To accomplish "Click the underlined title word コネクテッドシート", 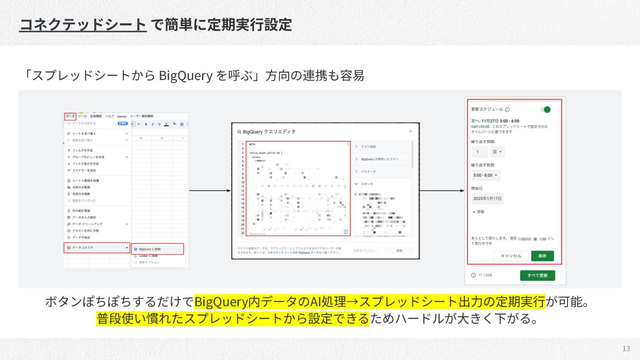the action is pyautogui.click(x=83, y=24).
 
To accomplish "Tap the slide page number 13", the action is pyautogui.click(x=626, y=348).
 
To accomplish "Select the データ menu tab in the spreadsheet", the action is pyautogui.click(x=70, y=116).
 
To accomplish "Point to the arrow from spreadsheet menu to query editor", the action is pyautogui.click(x=210, y=191).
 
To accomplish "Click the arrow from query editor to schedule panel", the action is pyautogui.click(x=442, y=191).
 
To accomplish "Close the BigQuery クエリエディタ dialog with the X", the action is pyautogui.click(x=410, y=131).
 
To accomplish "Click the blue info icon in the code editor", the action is pyautogui.click(x=346, y=232).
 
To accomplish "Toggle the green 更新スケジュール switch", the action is pyautogui.click(x=545, y=109).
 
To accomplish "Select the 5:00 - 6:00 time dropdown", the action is pyautogui.click(x=486, y=175).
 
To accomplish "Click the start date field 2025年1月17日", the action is pyautogui.click(x=487, y=198).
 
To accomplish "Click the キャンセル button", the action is pyautogui.click(x=511, y=256).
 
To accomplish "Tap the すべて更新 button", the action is pyautogui.click(x=537, y=276).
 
